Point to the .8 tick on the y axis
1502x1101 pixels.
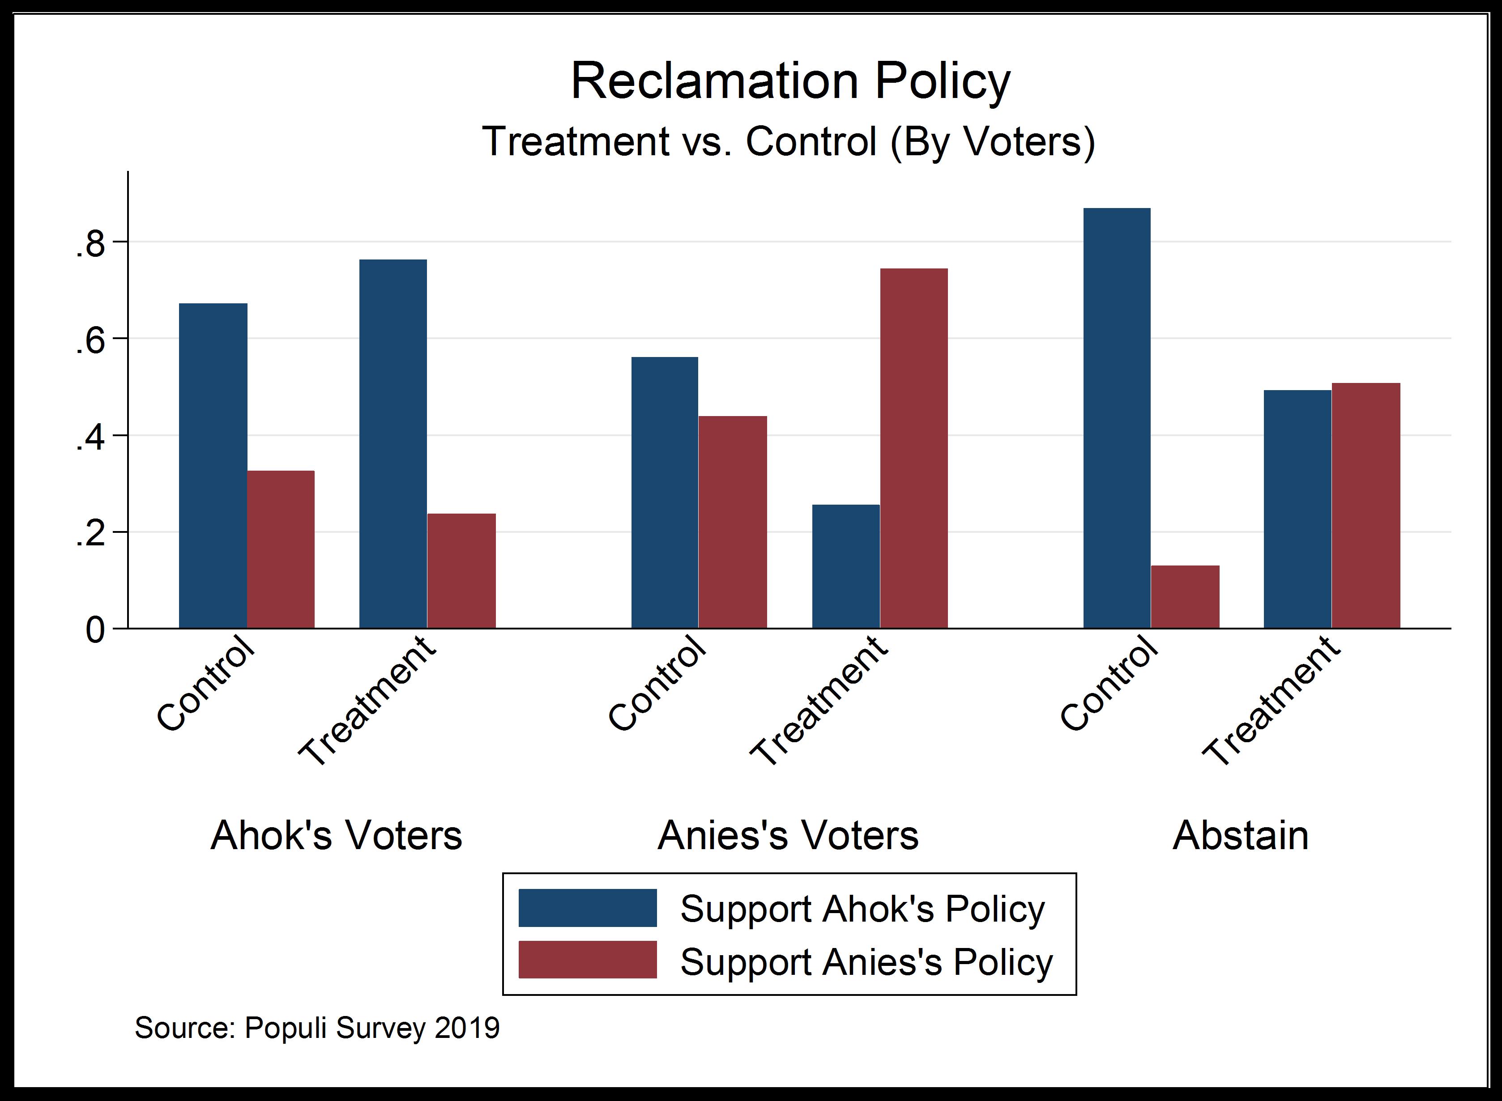click(x=91, y=245)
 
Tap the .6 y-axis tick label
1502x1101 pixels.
click(x=91, y=342)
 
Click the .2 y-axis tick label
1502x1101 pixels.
click(x=91, y=535)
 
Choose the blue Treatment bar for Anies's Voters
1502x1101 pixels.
click(x=845, y=566)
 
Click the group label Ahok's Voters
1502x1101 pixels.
click(x=336, y=835)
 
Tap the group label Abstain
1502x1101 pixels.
click(x=1240, y=835)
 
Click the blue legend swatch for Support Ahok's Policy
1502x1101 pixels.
click(x=587, y=908)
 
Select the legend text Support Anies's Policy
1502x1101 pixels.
click(x=866, y=962)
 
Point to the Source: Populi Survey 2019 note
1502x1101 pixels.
click(x=317, y=1028)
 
